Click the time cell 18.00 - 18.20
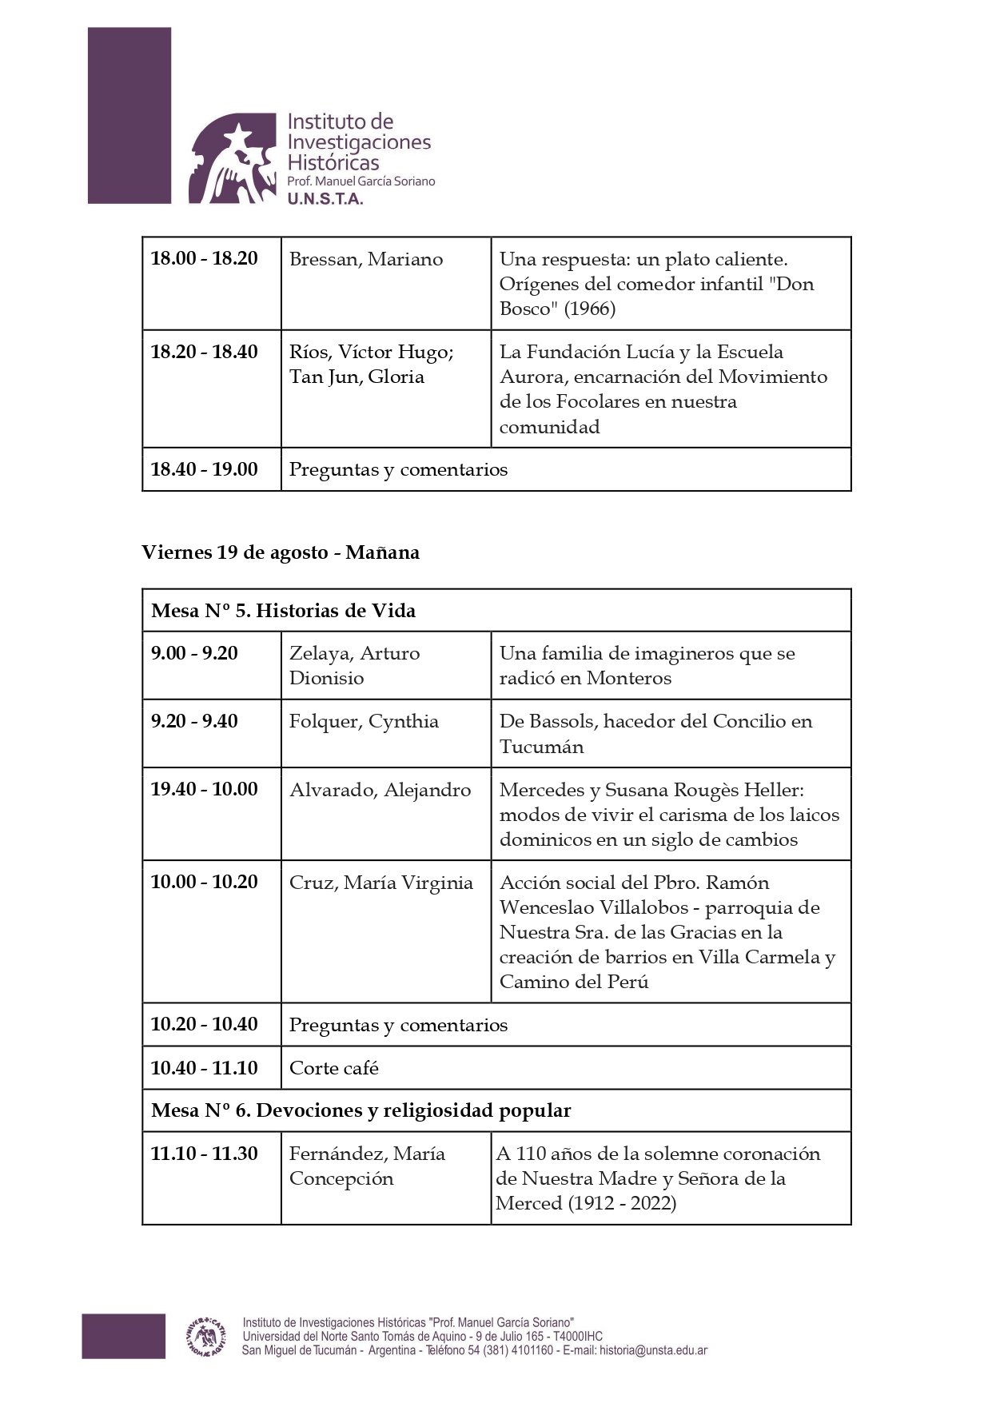point(205,259)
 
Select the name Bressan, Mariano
point(365,259)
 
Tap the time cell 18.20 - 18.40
point(205,352)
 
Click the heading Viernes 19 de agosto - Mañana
point(281,552)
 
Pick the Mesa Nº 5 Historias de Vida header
point(284,611)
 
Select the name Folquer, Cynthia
point(364,721)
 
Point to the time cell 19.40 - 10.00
point(205,790)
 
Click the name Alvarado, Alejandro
point(380,790)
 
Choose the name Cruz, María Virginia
point(380,883)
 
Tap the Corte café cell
point(334,1068)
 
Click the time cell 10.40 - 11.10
point(205,1068)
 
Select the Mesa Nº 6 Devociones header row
point(361,1110)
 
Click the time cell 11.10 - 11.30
point(205,1154)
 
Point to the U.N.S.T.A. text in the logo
point(325,199)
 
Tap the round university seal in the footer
point(205,1336)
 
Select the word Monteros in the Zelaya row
point(628,678)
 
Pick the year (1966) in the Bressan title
point(590,309)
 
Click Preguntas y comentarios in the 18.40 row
point(398,469)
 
